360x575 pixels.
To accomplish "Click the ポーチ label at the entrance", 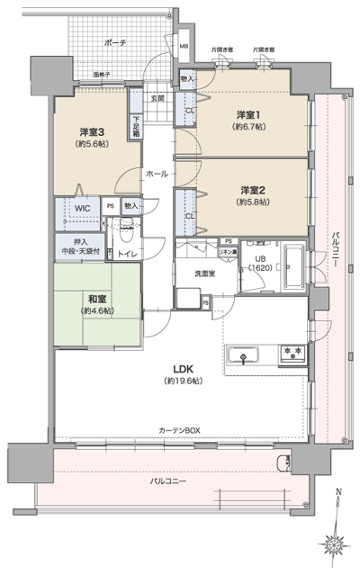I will click(x=114, y=42).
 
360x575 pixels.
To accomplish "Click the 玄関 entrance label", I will click(x=157, y=97).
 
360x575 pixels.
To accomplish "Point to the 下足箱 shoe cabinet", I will click(x=137, y=123).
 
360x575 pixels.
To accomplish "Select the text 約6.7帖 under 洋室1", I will click(x=249, y=127).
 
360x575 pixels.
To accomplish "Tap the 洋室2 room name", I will click(x=253, y=189).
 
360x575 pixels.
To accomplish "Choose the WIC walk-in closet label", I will click(x=83, y=208).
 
